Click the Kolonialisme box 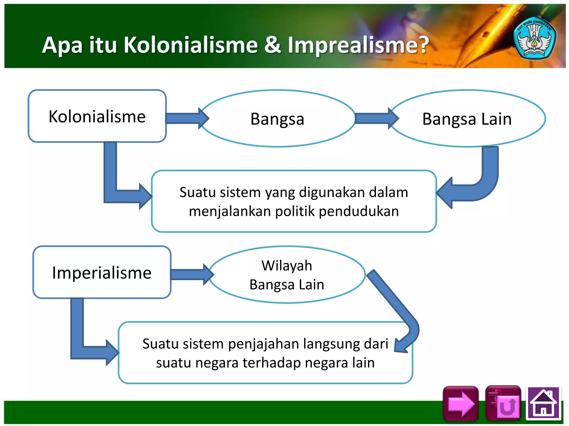[x=97, y=116]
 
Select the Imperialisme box [x=102, y=272]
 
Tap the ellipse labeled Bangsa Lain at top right [x=467, y=119]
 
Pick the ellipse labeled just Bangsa [x=277, y=119]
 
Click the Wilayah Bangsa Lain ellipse [x=287, y=275]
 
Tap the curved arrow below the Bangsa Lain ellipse [x=481, y=183]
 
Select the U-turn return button [x=503, y=404]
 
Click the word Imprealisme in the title [x=358, y=45]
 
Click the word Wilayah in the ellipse [x=287, y=265]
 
